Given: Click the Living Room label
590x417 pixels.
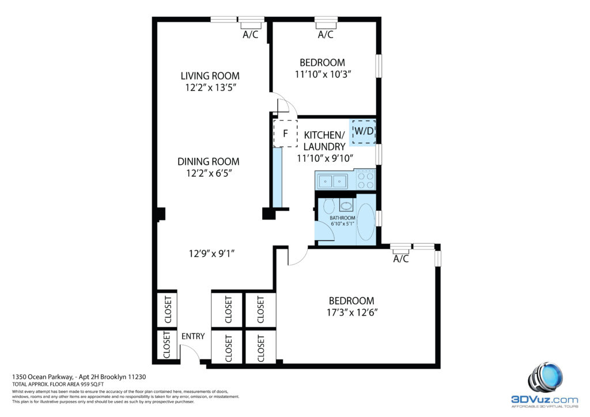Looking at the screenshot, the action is point(210,76).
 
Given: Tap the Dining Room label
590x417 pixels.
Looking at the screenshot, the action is point(209,162).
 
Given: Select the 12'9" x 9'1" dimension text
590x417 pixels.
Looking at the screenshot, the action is point(211,254).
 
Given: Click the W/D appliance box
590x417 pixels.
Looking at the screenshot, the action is point(364,131).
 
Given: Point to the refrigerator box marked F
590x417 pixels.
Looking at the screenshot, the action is point(285,133).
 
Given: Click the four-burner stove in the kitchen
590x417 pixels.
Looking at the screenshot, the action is point(366,180).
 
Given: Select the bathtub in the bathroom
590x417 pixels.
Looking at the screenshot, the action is point(366,222).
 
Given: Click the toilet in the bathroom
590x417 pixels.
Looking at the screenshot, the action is point(328,206).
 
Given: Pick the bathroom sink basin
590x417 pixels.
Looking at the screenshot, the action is point(346,206).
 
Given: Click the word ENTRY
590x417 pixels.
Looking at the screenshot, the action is point(193,336).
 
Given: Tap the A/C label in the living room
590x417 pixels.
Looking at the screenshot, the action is point(251,35).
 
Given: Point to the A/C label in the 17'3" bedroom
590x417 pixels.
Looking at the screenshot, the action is point(401,259).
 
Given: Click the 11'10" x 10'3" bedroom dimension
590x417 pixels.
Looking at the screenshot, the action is point(323,74).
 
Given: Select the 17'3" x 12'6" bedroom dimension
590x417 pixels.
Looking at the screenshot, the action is point(352,313).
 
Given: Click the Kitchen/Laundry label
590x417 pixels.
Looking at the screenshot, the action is point(324,141).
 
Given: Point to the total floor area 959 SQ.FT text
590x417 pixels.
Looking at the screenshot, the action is point(58,384).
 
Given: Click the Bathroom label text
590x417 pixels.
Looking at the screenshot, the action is point(342,218).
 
